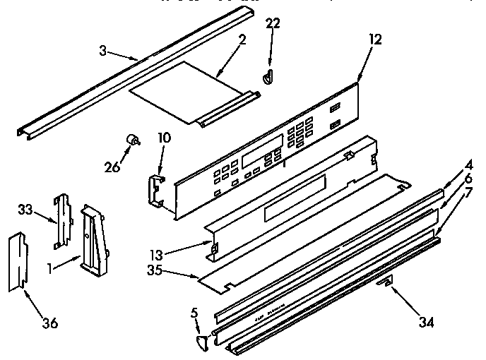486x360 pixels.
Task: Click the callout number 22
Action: coord(273,24)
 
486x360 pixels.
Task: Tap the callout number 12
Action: coord(374,40)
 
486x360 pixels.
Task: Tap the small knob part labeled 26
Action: coord(131,140)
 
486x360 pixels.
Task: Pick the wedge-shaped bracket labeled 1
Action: coord(94,238)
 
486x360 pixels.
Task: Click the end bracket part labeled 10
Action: coord(155,191)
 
